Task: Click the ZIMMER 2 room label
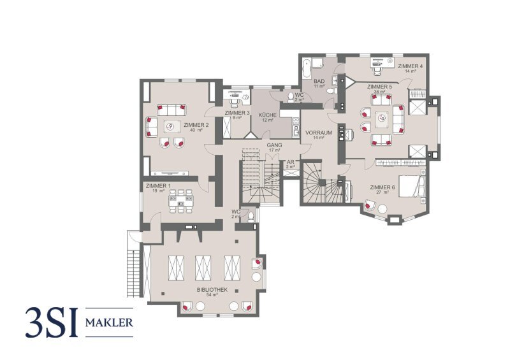[196, 125]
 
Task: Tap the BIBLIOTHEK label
[212, 289]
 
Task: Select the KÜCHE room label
[267, 115]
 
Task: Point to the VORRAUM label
[318, 133]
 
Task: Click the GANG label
[275, 145]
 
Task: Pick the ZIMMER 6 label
[382, 187]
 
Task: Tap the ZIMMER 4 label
[411, 66]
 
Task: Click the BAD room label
[319, 81]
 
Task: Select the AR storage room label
[291, 162]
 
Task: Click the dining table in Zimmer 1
[181, 201]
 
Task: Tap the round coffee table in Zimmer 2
[172, 126]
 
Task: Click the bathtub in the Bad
[306, 68]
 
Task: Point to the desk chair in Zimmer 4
[377, 70]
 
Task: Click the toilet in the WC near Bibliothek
[251, 216]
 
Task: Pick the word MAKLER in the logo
[109, 322]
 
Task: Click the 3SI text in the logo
[52, 322]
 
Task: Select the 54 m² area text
[212, 295]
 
